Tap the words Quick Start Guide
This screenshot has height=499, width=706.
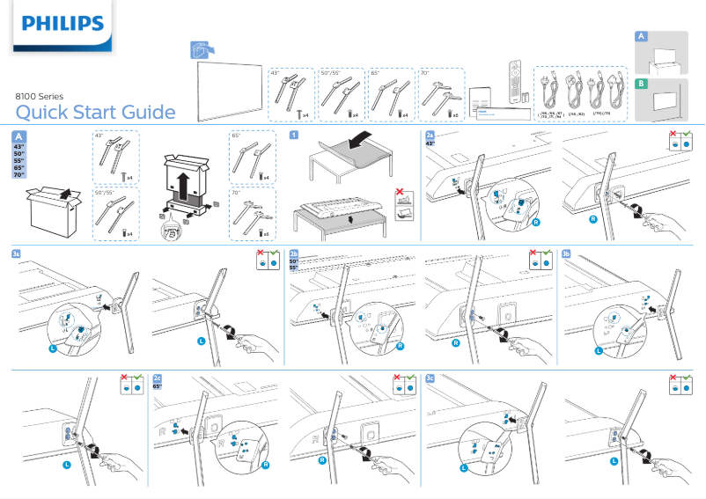coord(95,112)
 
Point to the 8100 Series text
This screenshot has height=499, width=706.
coord(40,96)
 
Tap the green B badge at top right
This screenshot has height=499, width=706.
coord(642,84)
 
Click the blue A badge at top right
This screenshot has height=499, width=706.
coord(642,36)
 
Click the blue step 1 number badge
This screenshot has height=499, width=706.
coord(293,135)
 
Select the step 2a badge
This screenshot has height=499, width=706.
coord(430,135)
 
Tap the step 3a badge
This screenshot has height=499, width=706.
coord(16,253)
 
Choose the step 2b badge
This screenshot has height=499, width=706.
coord(294,253)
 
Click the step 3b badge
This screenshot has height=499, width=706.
coord(566,253)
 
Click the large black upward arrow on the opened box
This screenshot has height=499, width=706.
coord(182,187)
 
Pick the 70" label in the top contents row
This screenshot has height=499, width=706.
coord(425,72)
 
